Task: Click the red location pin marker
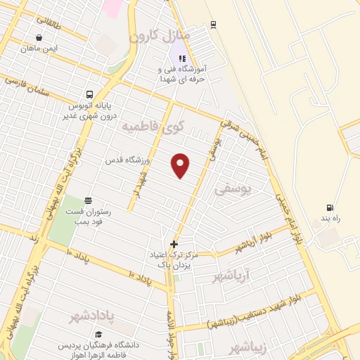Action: [181, 165]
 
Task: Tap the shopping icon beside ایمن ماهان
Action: [38, 38]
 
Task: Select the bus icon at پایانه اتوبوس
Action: [89, 94]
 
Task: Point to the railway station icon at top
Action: [213, 25]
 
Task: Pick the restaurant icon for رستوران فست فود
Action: [88, 200]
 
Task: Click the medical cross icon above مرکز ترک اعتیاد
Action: [174, 244]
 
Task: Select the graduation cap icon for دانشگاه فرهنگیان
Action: [98, 334]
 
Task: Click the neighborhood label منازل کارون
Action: [159, 34]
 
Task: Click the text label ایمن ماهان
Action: [38, 49]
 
